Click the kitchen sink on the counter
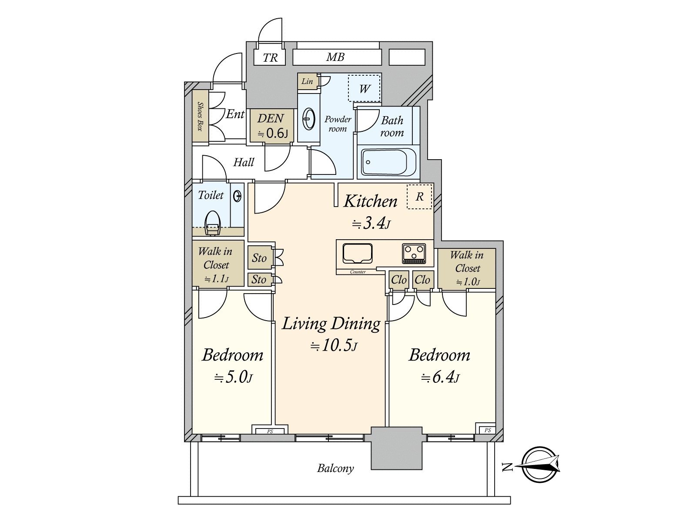(x=358, y=253)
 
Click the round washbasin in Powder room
(x=308, y=118)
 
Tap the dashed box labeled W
(x=365, y=89)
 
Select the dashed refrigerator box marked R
(x=419, y=197)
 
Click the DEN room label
(x=270, y=118)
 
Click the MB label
(x=335, y=57)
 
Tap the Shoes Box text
(x=200, y=116)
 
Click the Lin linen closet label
(x=307, y=81)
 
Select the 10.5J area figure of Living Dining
(x=333, y=346)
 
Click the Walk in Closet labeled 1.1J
(x=216, y=264)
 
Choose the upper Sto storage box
(x=259, y=258)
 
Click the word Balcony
(x=335, y=468)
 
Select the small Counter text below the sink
(x=358, y=272)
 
